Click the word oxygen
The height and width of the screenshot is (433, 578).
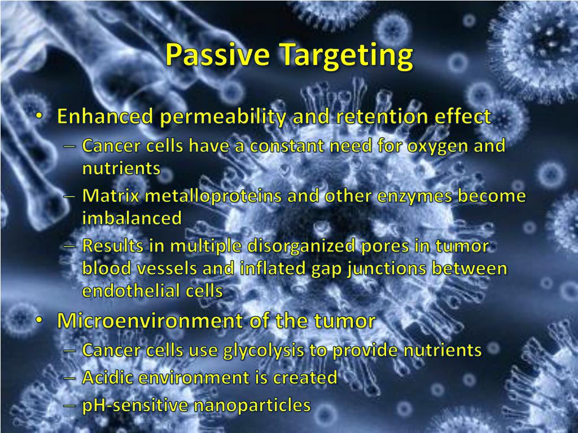(x=435, y=147)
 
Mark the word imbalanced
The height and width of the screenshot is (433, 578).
(x=132, y=218)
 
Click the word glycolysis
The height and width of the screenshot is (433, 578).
(x=264, y=351)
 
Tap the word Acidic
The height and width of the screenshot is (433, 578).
(x=108, y=377)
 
